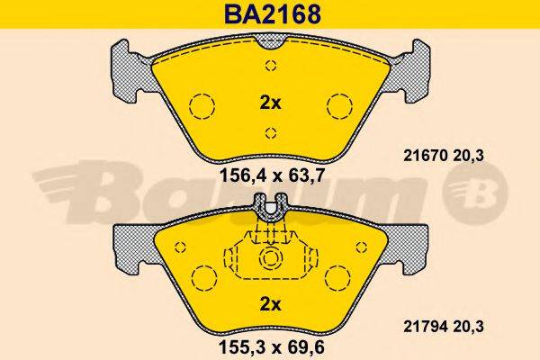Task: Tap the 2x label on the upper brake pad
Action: pyautogui.click(x=270, y=103)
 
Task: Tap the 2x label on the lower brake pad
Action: pyautogui.click(x=270, y=303)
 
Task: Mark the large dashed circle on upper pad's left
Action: pyautogui.click(x=202, y=107)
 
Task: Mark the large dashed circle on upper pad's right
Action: pyautogui.click(x=338, y=107)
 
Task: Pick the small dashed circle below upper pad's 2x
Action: pyautogui.click(x=270, y=133)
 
